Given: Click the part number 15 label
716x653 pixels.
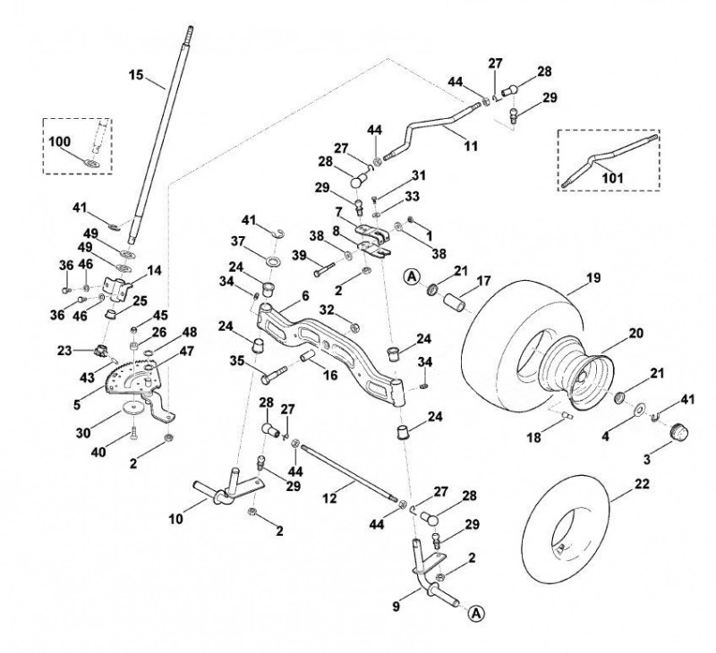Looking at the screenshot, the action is [x=136, y=75].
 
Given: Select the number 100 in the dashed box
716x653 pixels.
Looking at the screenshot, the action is [x=59, y=141].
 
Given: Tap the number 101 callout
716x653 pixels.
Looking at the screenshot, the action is [x=612, y=177].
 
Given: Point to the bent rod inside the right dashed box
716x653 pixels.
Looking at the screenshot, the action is [x=611, y=159].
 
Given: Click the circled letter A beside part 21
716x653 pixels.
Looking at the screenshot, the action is [x=412, y=276].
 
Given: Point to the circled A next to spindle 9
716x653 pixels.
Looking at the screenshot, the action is [x=476, y=614].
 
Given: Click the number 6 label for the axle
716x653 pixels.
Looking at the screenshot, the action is [x=305, y=296].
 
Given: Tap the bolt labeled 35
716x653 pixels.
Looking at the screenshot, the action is [x=273, y=374].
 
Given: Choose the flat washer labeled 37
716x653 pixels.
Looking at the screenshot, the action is [x=274, y=262].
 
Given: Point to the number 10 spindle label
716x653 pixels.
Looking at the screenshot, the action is [x=176, y=519].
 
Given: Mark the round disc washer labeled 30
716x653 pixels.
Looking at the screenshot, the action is [x=133, y=407].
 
